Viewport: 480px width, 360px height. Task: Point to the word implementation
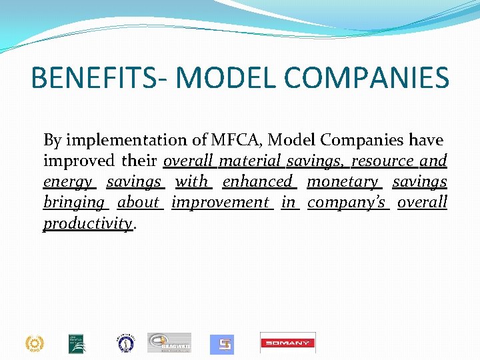126,141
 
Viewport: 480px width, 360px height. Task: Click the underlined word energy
68,182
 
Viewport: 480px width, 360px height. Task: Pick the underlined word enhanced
258,181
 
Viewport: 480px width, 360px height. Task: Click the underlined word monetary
343,181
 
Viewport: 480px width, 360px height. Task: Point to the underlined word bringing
74,202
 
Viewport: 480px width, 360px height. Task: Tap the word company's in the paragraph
347,202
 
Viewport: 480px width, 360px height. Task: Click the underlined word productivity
88,223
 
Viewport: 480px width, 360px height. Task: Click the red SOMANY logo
288,343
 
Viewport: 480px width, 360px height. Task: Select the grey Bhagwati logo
169,343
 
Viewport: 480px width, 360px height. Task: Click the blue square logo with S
222,344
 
